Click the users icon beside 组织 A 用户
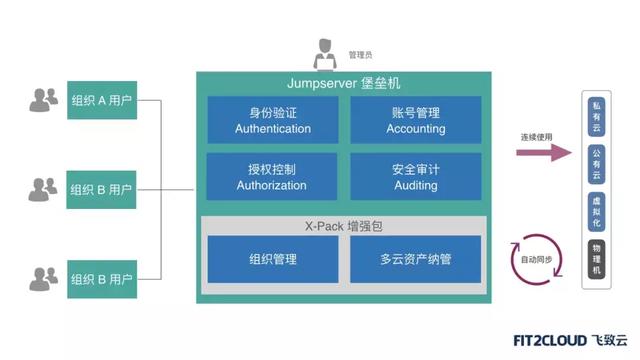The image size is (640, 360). pyautogui.click(x=44, y=100)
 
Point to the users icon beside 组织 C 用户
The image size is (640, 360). pyautogui.click(x=44, y=275)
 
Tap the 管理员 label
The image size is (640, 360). pyautogui.click(x=361, y=53)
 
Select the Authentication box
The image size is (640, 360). pyautogui.click(x=272, y=120)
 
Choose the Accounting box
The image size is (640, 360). pyautogui.click(x=415, y=120)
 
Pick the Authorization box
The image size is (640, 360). pyautogui.click(x=272, y=177)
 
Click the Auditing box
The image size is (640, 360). pyautogui.click(x=415, y=177)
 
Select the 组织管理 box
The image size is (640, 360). pyautogui.click(x=272, y=259)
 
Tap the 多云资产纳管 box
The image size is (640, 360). pyautogui.click(x=415, y=259)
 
